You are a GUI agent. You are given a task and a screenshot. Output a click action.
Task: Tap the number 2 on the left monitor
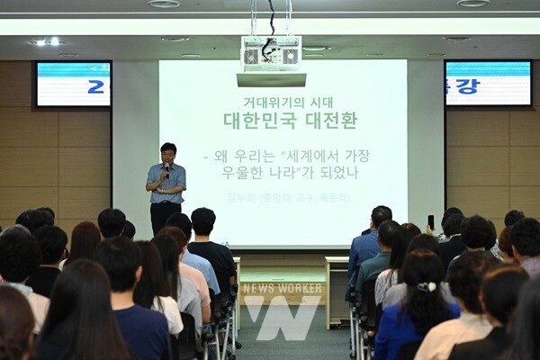[x=95, y=86]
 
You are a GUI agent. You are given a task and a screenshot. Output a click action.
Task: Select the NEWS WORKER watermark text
[x=283, y=288]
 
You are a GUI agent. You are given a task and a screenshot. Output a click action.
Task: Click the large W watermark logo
[x=283, y=318]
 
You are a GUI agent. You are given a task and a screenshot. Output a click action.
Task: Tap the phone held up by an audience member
[x=430, y=221]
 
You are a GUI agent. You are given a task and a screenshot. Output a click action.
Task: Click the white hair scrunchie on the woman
[x=426, y=286]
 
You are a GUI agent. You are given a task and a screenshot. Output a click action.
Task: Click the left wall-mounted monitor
[x=73, y=85]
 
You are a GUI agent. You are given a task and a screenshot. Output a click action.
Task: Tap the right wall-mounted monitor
[x=488, y=84]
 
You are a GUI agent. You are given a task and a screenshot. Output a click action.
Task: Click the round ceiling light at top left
[x=163, y=4]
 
